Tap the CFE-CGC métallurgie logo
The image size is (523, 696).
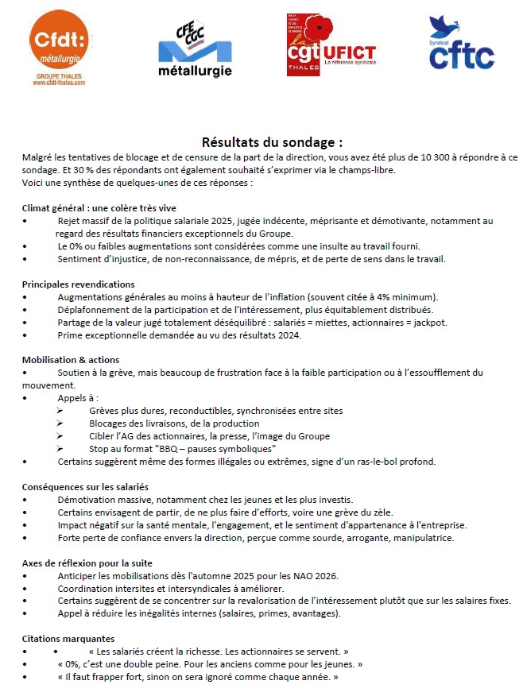pos(195,49)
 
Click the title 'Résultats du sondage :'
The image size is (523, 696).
pos(273,142)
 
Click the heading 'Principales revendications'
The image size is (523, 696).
pos(79,284)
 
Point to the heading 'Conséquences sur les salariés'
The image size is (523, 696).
pos(86,486)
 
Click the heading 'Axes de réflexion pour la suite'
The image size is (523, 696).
pos(87,563)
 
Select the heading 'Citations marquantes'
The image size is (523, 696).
pos(68,638)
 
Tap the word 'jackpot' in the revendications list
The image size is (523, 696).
pos(429,323)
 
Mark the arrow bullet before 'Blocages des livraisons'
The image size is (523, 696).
pos(61,423)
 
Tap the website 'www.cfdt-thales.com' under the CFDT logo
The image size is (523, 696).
pos(60,82)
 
